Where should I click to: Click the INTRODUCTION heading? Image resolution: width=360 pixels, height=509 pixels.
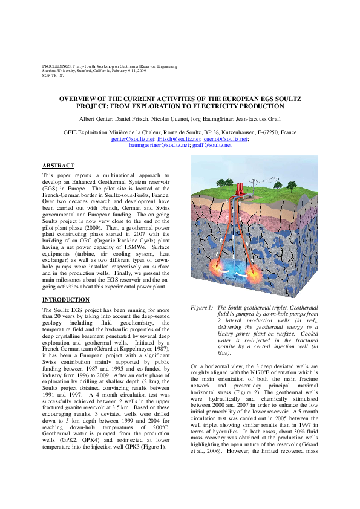pos(66,300)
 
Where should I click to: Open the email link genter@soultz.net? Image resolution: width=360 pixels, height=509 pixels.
pos(129,138)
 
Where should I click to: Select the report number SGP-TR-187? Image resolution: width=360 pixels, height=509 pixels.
pos(54,76)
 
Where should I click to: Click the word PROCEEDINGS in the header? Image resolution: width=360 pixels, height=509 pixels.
pos(57,65)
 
